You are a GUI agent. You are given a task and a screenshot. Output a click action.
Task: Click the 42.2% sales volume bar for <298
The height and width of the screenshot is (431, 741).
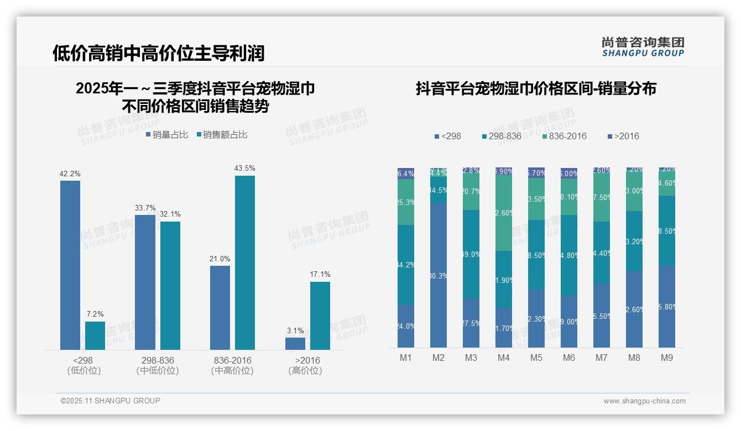[x=70, y=265]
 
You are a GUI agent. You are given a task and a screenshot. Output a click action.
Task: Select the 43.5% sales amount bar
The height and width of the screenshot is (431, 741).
[x=245, y=262]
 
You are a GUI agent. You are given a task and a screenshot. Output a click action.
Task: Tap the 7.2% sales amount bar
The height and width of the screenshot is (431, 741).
[x=95, y=335]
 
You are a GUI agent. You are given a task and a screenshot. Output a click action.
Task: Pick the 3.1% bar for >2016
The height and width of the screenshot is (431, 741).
[x=295, y=343]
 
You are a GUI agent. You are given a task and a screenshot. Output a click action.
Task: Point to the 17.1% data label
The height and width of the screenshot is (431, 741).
[x=320, y=274]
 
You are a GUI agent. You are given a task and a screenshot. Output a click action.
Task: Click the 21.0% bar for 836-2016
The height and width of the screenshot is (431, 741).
[x=220, y=307]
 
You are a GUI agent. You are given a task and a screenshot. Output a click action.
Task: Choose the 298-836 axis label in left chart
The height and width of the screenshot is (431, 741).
[x=158, y=360]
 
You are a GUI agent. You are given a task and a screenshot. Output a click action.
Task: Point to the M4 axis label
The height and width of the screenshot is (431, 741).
[x=503, y=358]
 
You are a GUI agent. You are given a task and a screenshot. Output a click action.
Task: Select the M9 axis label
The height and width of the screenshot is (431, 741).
[x=667, y=358]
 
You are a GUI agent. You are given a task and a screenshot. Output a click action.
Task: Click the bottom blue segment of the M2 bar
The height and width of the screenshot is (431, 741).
[x=439, y=275]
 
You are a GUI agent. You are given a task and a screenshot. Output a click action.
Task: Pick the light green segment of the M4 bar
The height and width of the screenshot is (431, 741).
[x=504, y=213]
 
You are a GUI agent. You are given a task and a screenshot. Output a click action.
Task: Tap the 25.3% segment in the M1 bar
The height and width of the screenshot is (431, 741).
[x=406, y=202]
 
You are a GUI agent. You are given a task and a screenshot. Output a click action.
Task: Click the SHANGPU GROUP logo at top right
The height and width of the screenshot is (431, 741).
[x=643, y=47]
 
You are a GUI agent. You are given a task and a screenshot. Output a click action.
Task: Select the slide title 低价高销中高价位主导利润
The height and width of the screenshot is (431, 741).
[x=159, y=53]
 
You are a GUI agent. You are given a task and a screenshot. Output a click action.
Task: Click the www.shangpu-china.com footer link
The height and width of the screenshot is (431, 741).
[x=644, y=401]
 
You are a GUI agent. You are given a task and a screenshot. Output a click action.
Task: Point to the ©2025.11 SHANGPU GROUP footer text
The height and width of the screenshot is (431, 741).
[x=111, y=401]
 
